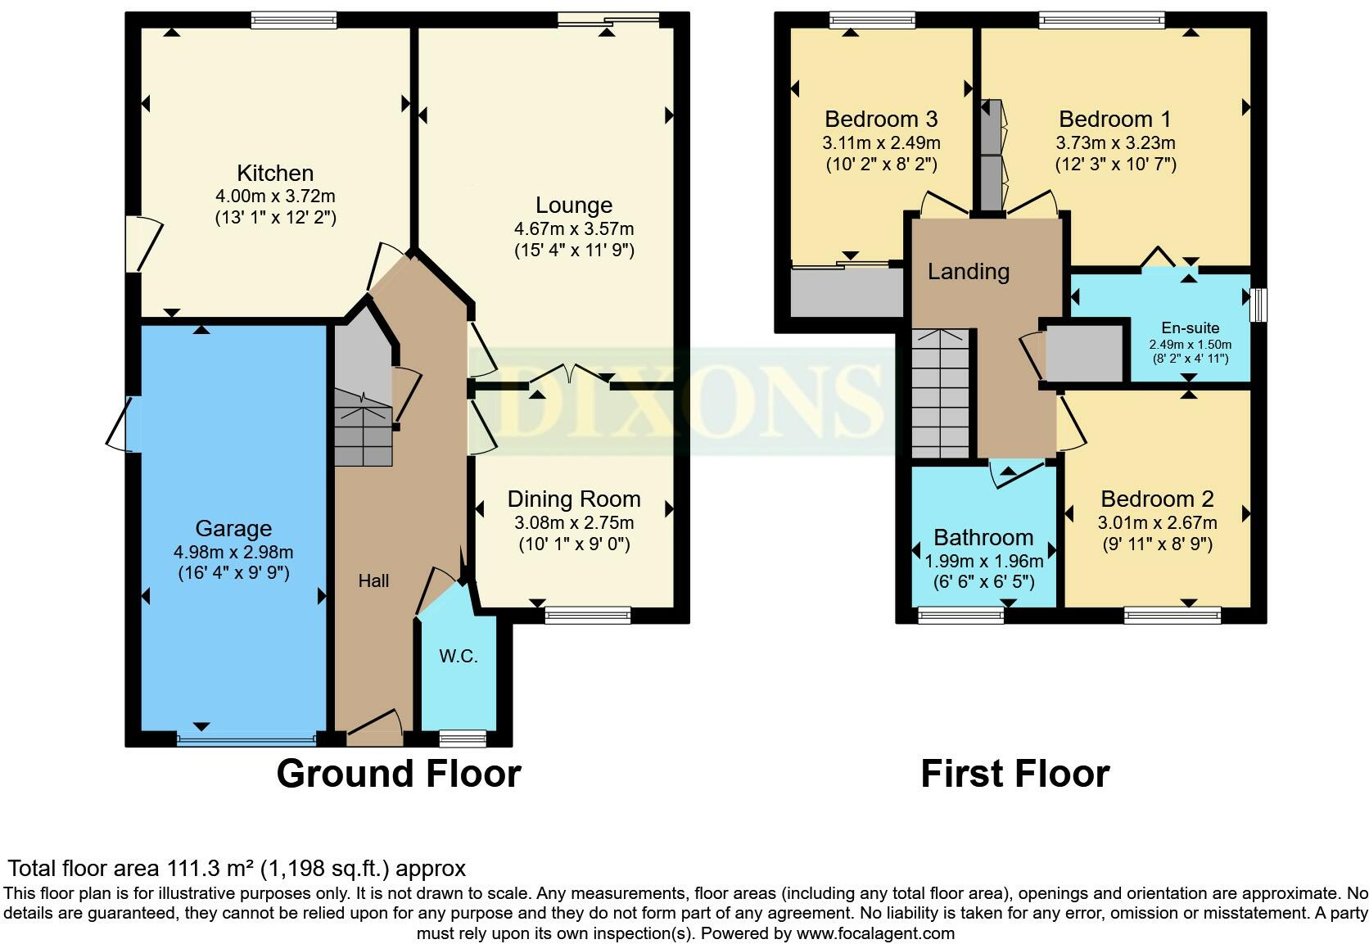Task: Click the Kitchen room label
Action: click(x=275, y=174)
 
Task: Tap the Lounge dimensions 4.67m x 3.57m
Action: click(x=574, y=229)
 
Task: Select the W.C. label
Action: click(x=459, y=657)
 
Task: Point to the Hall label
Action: click(x=373, y=580)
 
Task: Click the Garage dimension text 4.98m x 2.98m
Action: click(x=233, y=553)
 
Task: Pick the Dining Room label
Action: click(x=574, y=499)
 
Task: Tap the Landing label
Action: click(x=968, y=272)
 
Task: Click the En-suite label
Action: click(x=1190, y=328)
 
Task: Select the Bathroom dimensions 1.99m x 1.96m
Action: click(x=984, y=561)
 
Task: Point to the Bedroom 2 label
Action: click(x=1157, y=499)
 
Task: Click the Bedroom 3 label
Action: click(x=881, y=120)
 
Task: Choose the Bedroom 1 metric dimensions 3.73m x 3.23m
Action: click(x=1115, y=143)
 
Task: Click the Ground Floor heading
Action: click(x=399, y=774)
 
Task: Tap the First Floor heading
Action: click(x=1015, y=774)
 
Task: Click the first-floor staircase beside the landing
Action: click(x=941, y=394)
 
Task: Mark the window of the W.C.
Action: click(x=463, y=738)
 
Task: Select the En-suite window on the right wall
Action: click(x=1258, y=305)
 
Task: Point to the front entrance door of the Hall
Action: click(x=375, y=728)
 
